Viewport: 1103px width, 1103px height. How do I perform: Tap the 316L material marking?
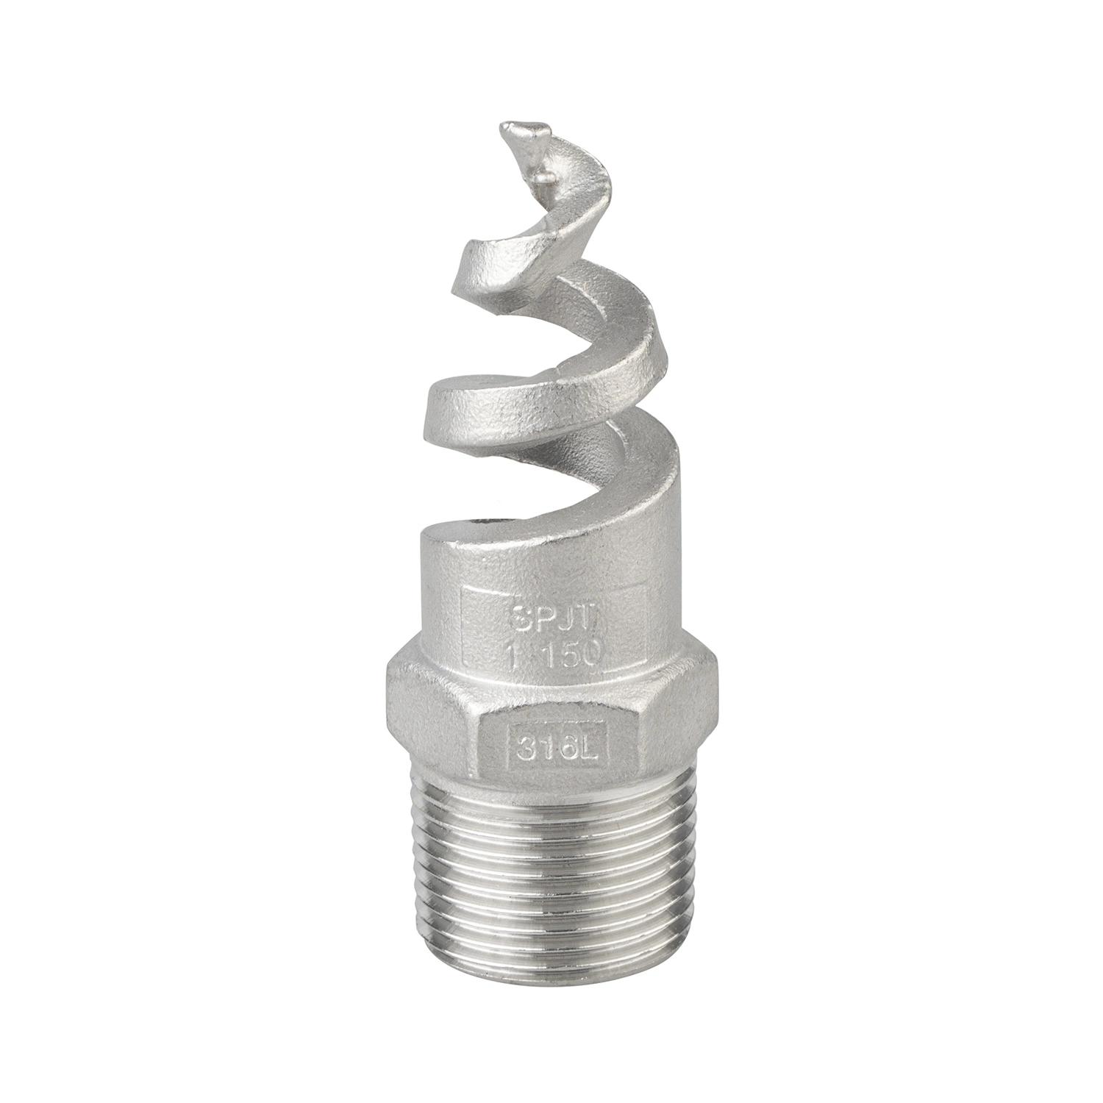(x=557, y=752)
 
